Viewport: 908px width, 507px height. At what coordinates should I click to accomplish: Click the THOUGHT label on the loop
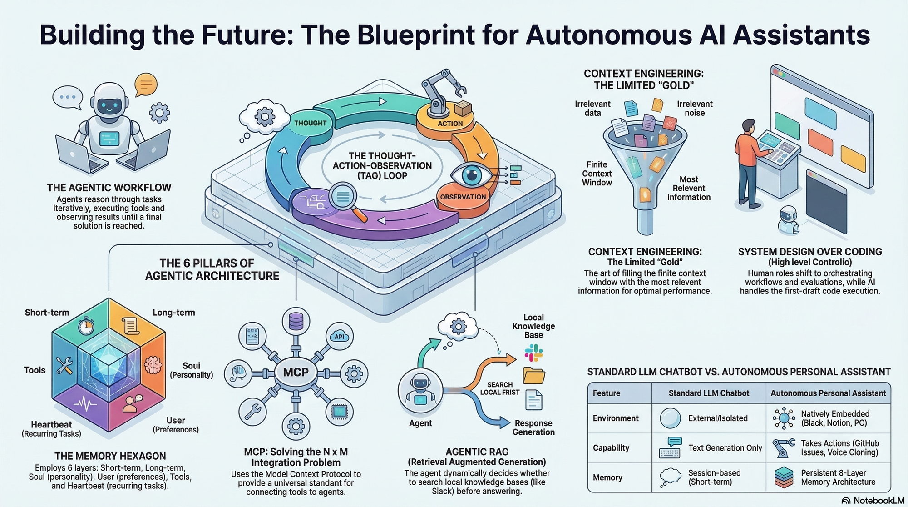coord(310,123)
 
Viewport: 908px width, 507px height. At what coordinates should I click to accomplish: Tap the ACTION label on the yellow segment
coord(450,124)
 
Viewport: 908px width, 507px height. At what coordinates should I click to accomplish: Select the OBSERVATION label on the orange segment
coord(463,197)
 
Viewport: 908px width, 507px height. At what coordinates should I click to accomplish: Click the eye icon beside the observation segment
coord(472,175)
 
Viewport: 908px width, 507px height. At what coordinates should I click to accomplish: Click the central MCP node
coord(296,373)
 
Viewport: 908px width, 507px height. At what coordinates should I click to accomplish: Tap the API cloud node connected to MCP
coord(339,336)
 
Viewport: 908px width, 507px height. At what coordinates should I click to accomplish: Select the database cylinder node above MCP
coord(296,321)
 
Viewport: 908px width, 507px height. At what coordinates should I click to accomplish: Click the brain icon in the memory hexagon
coord(153,365)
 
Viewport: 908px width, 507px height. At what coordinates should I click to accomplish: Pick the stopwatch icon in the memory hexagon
coord(86,326)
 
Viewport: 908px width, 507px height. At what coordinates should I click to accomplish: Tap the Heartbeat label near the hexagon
coord(51,424)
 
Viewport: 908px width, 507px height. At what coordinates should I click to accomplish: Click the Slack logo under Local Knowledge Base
coord(533,353)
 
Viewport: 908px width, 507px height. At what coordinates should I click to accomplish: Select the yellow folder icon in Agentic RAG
coord(533,376)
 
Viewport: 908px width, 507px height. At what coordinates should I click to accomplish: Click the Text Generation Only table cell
coord(725,448)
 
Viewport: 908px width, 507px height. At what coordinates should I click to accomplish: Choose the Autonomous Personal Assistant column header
coord(828,393)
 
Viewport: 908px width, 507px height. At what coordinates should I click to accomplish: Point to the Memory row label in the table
coord(607,477)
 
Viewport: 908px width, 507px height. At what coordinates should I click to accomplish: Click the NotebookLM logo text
coord(878,501)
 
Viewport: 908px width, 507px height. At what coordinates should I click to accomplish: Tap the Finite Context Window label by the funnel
coord(597,174)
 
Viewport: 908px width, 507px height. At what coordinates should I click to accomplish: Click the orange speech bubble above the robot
coord(146,84)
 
